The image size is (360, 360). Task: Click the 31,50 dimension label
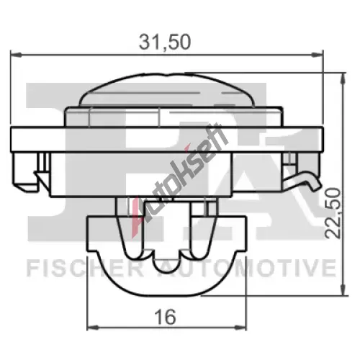point(165,42)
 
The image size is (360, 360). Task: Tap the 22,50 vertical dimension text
point(333,213)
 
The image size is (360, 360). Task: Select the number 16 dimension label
point(165,317)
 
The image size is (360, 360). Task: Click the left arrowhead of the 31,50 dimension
point(16,55)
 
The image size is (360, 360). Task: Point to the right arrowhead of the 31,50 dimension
point(318,55)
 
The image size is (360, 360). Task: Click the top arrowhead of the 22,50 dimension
point(343,78)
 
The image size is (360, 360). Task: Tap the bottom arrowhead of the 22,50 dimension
point(343,289)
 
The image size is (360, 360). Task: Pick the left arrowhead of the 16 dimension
point(93,327)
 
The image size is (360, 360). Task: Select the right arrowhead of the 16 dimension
point(240,327)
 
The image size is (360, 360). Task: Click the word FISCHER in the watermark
point(84,268)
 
